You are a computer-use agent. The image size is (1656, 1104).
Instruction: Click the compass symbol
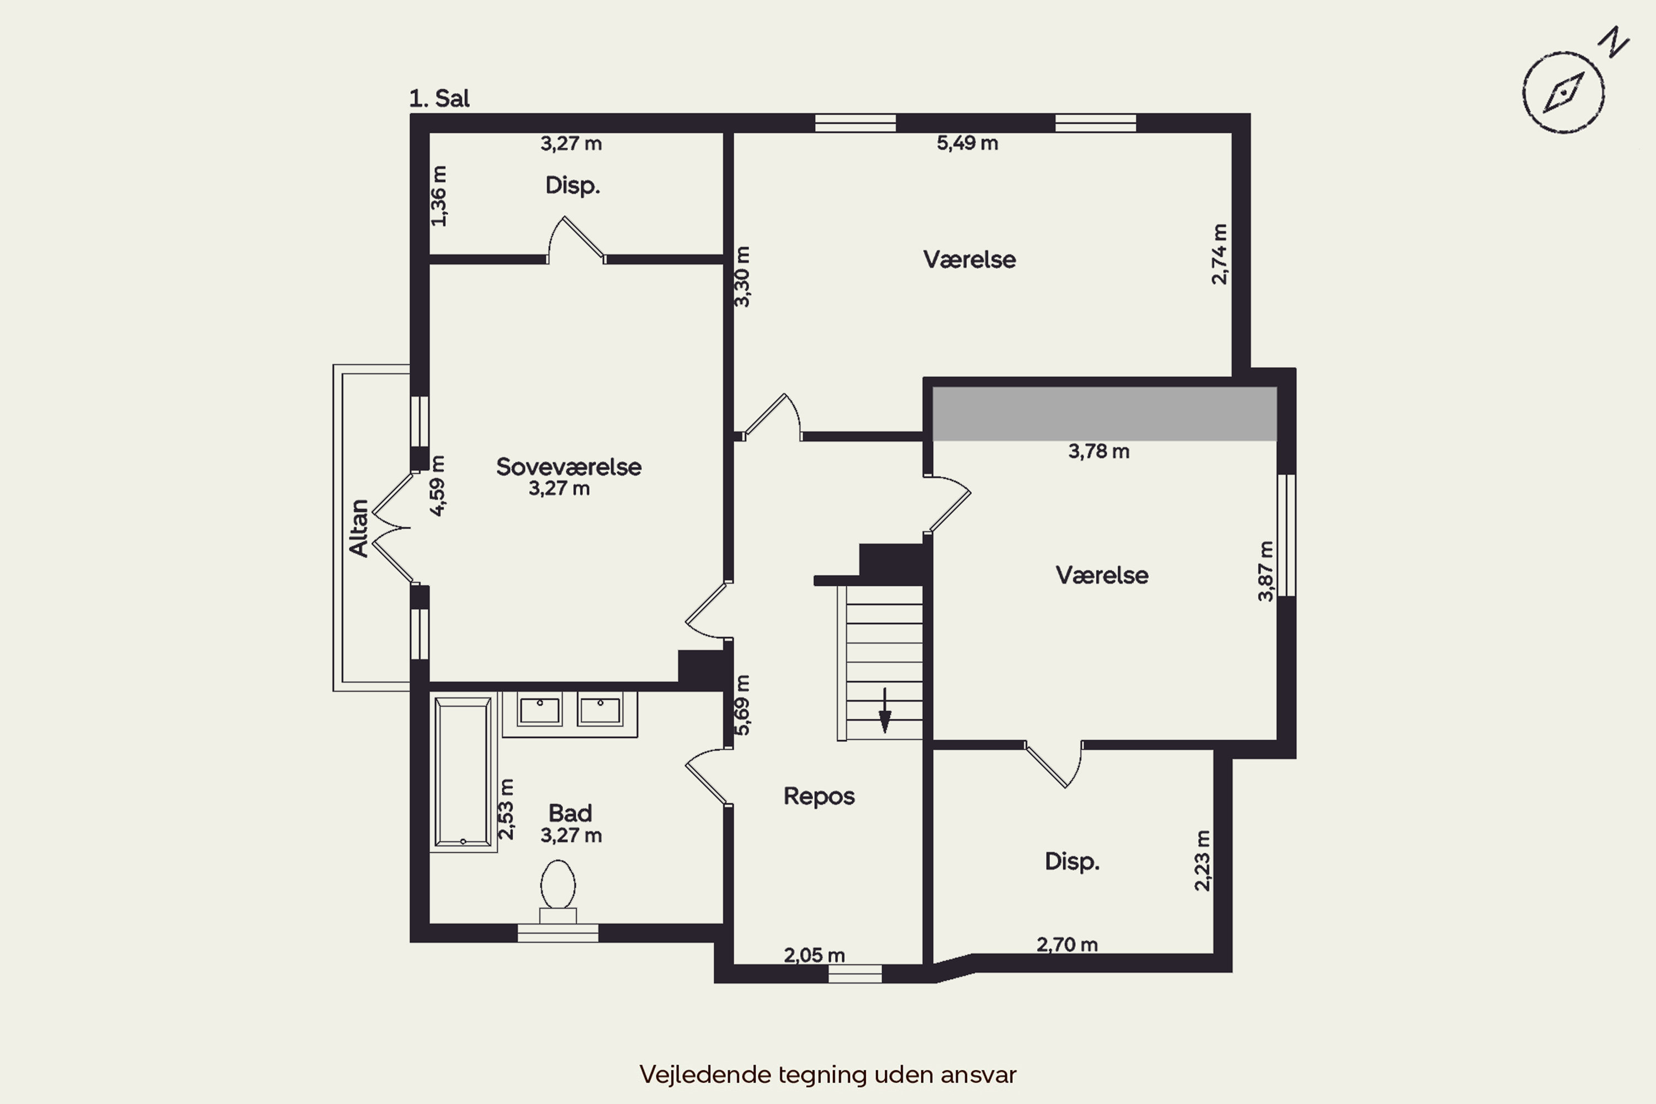point(1563,92)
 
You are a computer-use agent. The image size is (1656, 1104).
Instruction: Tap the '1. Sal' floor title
point(439,99)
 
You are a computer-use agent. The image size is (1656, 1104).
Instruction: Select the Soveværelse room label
point(569,467)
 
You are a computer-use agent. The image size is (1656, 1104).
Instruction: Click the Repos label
point(819,797)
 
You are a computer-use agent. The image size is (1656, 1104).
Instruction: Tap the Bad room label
point(570,813)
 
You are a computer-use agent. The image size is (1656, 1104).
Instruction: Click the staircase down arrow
point(885,710)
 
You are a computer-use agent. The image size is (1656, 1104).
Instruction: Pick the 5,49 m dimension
point(968,143)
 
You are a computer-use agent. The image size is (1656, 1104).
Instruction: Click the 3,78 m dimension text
point(1099,452)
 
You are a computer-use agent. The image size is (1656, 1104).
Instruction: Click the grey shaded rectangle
point(1105,413)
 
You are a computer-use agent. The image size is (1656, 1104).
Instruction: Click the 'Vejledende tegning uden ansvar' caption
point(828,1074)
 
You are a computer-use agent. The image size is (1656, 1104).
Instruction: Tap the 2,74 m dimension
point(1219,254)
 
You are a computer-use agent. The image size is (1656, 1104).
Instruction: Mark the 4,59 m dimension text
point(437,486)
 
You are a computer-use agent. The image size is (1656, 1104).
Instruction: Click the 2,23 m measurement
point(1203,861)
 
